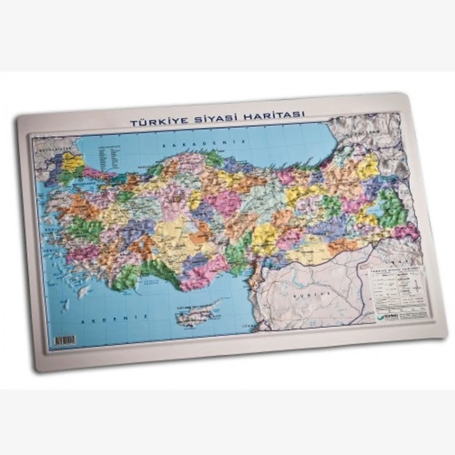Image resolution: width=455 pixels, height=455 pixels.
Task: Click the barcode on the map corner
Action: (65, 340)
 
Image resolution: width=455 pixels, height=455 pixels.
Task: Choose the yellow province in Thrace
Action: (72, 162)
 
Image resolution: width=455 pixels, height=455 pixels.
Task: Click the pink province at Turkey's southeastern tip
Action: (406, 231)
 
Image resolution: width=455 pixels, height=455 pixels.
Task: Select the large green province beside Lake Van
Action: (393, 208)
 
